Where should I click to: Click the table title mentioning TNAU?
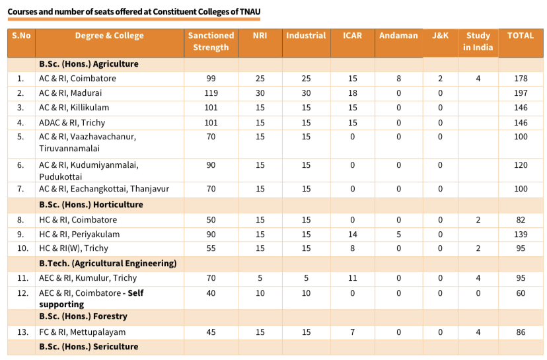pyautogui.click(x=134, y=12)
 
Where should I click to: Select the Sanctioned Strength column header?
pyautogui.click(x=211, y=42)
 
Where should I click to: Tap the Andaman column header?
pyautogui.click(x=398, y=36)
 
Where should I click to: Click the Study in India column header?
pyautogui.click(x=478, y=42)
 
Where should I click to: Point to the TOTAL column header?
pyautogui.click(x=520, y=36)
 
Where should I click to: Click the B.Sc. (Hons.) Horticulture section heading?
pyautogui.click(x=91, y=205)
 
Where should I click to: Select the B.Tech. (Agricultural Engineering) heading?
pyautogui.click(x=108, y=264)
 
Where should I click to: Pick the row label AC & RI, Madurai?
pyautogui.click(x=71, y=93)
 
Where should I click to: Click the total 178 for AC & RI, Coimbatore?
pyautogui.click(x=521, y=79)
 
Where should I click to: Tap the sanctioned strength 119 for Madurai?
pyautogui.click(x=211, y=93)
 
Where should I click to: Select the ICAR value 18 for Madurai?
pyautogui.click(x=352, y=93)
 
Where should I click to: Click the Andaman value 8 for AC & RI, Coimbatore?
pyautogui.click(x=398, y=79)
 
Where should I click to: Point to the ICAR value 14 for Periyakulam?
pyautogui.click(x=352, y=234)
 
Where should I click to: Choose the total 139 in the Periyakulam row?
pyautogui.click(x=521, y=234)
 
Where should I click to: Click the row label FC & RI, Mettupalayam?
pyautogui.click(x=83, y=332)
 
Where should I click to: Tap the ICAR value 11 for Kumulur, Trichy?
pyautogui.click(x=352, y=278)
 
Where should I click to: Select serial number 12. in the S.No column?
pyautogui.click(x=20, y=293)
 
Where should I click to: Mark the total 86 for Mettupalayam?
pyautogui.click(x=521, y=332)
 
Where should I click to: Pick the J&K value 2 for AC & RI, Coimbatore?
pyautogui.click(x=440, y=79)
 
